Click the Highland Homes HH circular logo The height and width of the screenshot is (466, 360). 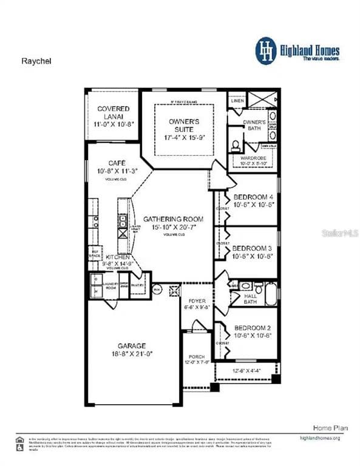[x=265, y=50]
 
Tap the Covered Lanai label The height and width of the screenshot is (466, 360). [x=113, y=112]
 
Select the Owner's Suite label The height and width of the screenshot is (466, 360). [x=184, y=125]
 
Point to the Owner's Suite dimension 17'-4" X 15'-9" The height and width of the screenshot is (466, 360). [x=184, y=138]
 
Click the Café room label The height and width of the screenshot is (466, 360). [x=117, y=163]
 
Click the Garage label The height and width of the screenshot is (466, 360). [x=132, y=345]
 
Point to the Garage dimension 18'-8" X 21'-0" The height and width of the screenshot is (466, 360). [x=132, y=353]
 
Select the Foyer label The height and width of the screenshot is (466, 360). [x=197, y=300]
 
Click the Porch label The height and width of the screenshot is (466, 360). [x=196, y=357]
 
